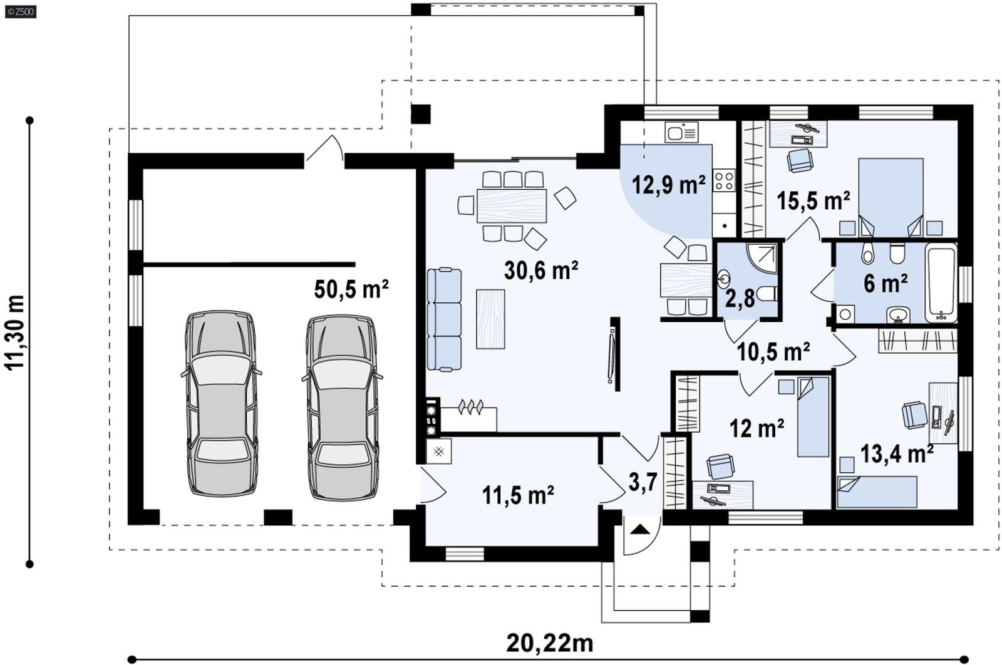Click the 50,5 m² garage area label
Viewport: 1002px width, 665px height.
(x=351, y=289)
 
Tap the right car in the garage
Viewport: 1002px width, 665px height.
(x=342, y=407)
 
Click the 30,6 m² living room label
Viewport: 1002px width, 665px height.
(x=541, y=271)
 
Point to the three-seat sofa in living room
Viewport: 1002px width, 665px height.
(x=444, y=319)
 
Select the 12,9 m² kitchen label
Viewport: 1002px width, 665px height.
(x=668, y=185)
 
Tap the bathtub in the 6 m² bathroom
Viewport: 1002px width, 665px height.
(x=941, y=282)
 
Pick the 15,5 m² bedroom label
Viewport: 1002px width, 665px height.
(x=813, y=201)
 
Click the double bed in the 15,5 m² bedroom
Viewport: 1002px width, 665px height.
(x=891, y=196)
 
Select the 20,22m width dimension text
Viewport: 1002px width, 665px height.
(x=549, y=642)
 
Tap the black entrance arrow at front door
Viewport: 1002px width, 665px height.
(x=640, y=530)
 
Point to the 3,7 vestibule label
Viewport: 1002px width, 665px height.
(x=643, y=482)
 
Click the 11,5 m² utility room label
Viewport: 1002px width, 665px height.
(x=517, y=495)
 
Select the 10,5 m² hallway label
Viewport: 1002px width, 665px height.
(x=773, y=352)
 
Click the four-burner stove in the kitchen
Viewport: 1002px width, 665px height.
(x=724, y=180)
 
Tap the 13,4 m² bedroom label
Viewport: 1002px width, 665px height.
(x=897, y=453)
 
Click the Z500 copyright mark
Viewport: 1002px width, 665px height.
(x=20, y=11)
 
